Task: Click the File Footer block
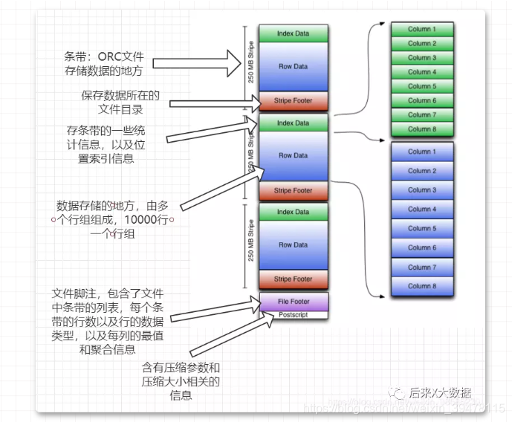[294, 302]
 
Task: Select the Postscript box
[294, 315]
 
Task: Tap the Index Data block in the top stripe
[294, 33]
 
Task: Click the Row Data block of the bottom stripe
[294, 244]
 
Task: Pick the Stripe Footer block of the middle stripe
[294, 191]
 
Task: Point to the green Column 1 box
[421, 30]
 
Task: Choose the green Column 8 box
[421, 129]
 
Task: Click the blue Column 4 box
[421, 210]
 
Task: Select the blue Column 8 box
[421, 286]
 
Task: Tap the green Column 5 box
[421, 86]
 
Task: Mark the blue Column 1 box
[421, 152]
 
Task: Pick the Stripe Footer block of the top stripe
[294, 100]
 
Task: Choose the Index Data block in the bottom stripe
[294, 212]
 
